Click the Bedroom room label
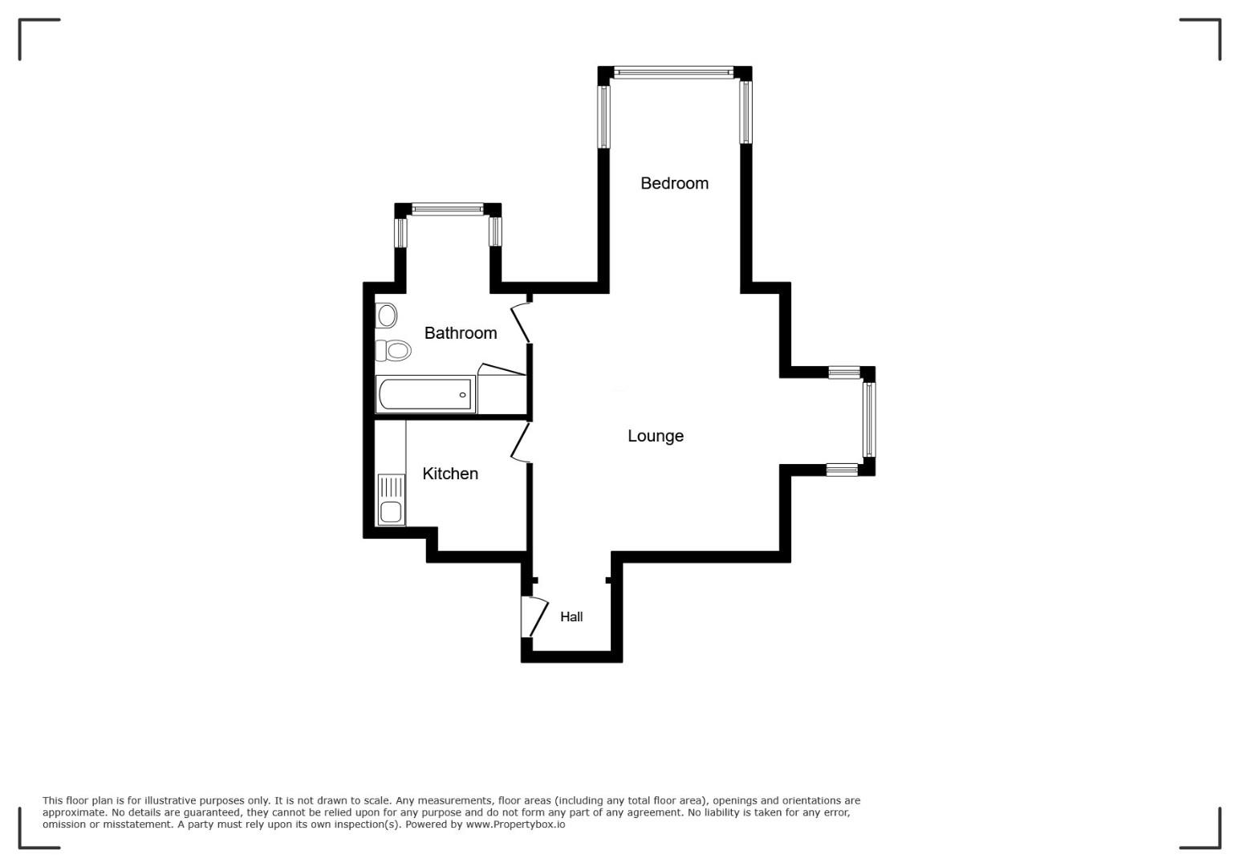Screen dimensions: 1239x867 [674, 183]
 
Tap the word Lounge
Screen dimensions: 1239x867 [656, 436]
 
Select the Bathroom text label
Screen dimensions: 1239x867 [460, 333]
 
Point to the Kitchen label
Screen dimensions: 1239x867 [450, 474]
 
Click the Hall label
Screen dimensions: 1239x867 [571, 617]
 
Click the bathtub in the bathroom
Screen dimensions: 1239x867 [425, 394]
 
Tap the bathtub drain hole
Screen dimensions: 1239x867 [462, 394]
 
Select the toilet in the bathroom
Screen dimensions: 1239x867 [393, 350]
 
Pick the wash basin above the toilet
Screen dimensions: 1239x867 [386, 315]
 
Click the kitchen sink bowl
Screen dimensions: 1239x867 [391, 512]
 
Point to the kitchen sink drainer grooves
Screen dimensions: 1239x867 [392, 486]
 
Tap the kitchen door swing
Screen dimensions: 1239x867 [520, 442]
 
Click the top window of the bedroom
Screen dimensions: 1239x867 [674, 72]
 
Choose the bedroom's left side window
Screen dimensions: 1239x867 [604, 116]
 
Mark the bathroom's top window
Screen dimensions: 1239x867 [448, 210]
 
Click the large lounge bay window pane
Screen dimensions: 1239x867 [869, 419]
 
